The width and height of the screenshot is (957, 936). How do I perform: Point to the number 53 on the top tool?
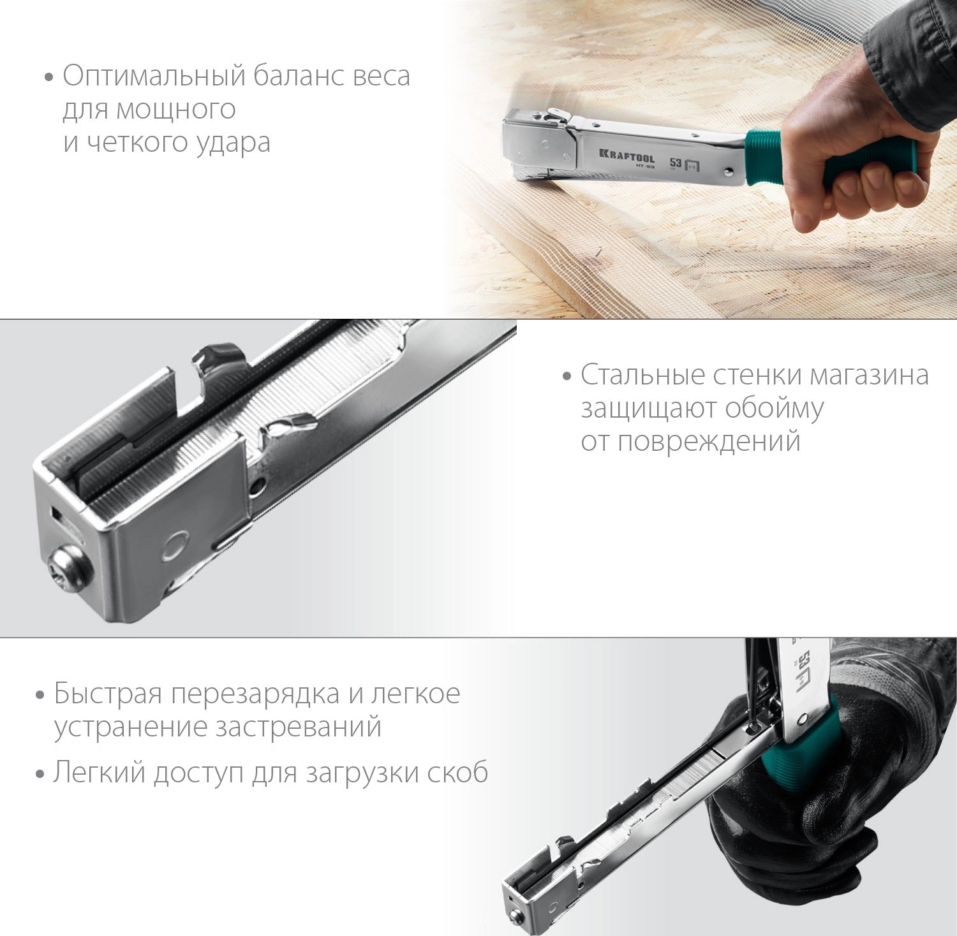(x=676, y=163)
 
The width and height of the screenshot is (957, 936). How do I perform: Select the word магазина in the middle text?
(x=869, y=376)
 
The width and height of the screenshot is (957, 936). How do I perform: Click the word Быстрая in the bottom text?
(x=108, y=693)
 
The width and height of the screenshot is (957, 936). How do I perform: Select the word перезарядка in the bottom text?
(x=255, y=694)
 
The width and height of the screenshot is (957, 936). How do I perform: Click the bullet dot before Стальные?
(x=567, y=377)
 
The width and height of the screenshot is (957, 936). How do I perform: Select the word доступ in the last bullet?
(x=199, y=773)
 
